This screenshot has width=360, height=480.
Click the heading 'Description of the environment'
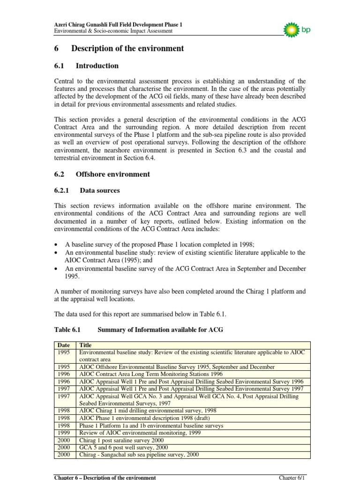pyautogui.click(x=127, y=49)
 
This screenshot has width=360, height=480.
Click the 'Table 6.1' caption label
pyautogui.click(x=68, y=330)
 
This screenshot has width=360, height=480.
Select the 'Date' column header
pyautogui.click(x=64, y=345)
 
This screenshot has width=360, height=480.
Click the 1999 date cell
pyautogui.click(x=65, y=433)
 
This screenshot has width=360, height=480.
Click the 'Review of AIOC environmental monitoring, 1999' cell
pyautogui.click(x=140, y=433)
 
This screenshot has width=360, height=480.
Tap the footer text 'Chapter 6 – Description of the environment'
pyautogui.click(x=105, y=477)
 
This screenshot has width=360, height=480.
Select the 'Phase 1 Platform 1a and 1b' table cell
pyautogui.click(x=151, y=426)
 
